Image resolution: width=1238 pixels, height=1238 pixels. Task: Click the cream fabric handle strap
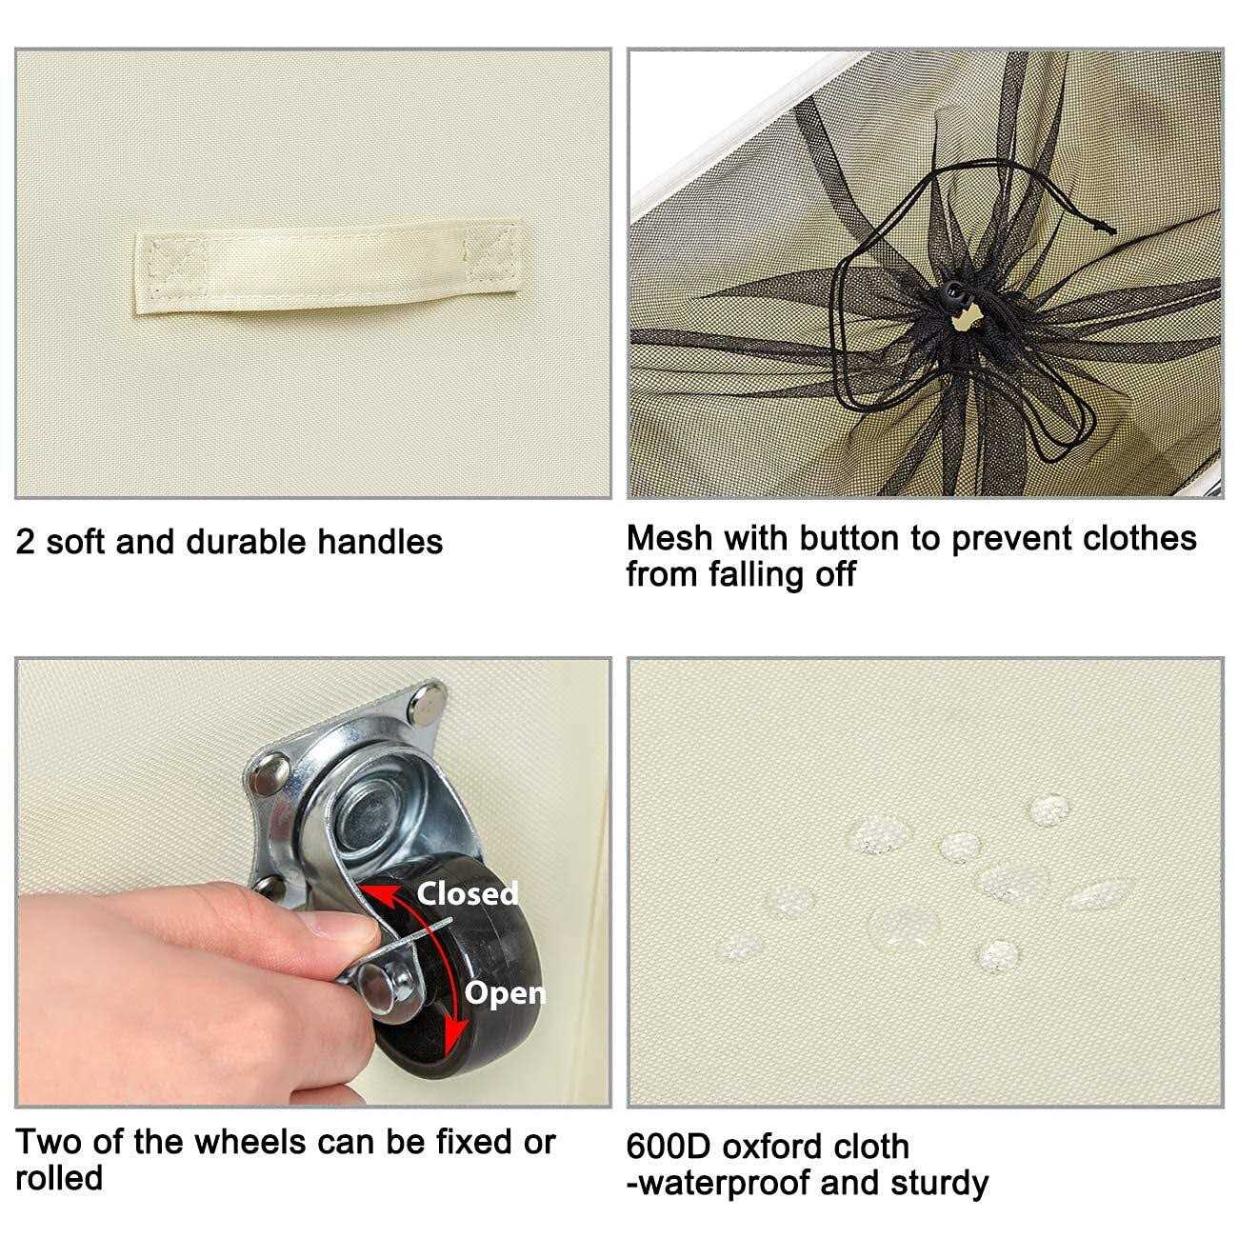[x=328, y=269]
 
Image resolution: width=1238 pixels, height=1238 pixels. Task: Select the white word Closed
[x=468, y=893]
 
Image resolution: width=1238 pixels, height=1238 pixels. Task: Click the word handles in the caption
[x=380, y=542]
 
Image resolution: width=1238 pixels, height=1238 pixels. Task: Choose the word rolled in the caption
[x=59, y=1178]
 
